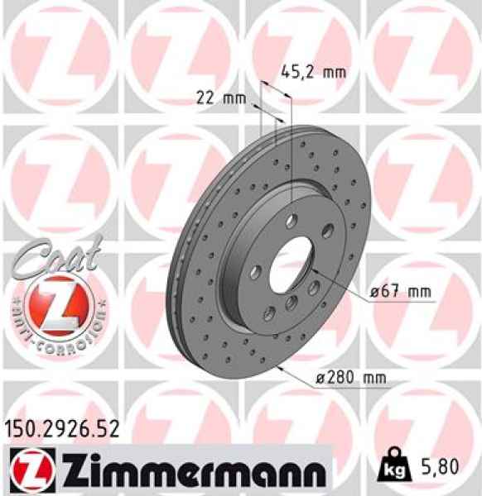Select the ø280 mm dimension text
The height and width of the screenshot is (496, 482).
pos(352,378)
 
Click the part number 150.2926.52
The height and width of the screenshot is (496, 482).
pos(64,428)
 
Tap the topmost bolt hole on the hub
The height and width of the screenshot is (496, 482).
pos(292,221)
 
